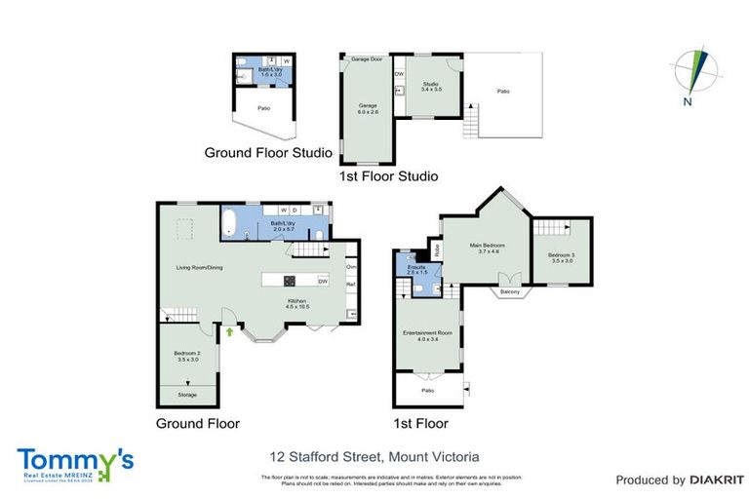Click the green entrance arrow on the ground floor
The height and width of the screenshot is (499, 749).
(x=230, y=331)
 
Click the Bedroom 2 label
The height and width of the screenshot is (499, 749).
(x=187, y=356)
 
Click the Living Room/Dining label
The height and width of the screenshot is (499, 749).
(x=199, y=267)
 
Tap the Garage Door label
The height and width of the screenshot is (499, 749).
(x=366, y=59)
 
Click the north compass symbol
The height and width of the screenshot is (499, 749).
(x=695, y=72)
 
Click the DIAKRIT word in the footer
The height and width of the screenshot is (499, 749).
(x=718, y=480)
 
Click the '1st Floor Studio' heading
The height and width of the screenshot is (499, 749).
(x=387, y=176)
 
